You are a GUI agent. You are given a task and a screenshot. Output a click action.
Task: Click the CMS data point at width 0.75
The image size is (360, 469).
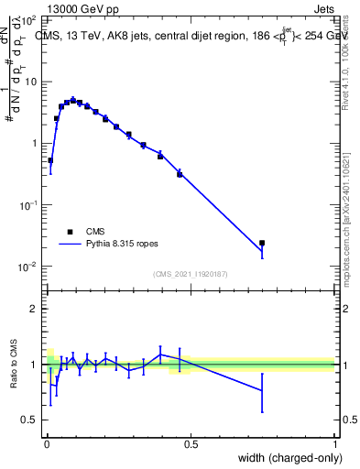tap(262, 244)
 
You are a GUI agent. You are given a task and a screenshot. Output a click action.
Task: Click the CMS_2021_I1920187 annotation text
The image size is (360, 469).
tap(191, 274)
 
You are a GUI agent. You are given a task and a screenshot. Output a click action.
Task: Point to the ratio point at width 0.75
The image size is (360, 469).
tap(262, 390)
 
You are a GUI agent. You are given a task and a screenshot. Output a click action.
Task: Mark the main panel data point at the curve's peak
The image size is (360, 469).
tap(73, 100)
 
